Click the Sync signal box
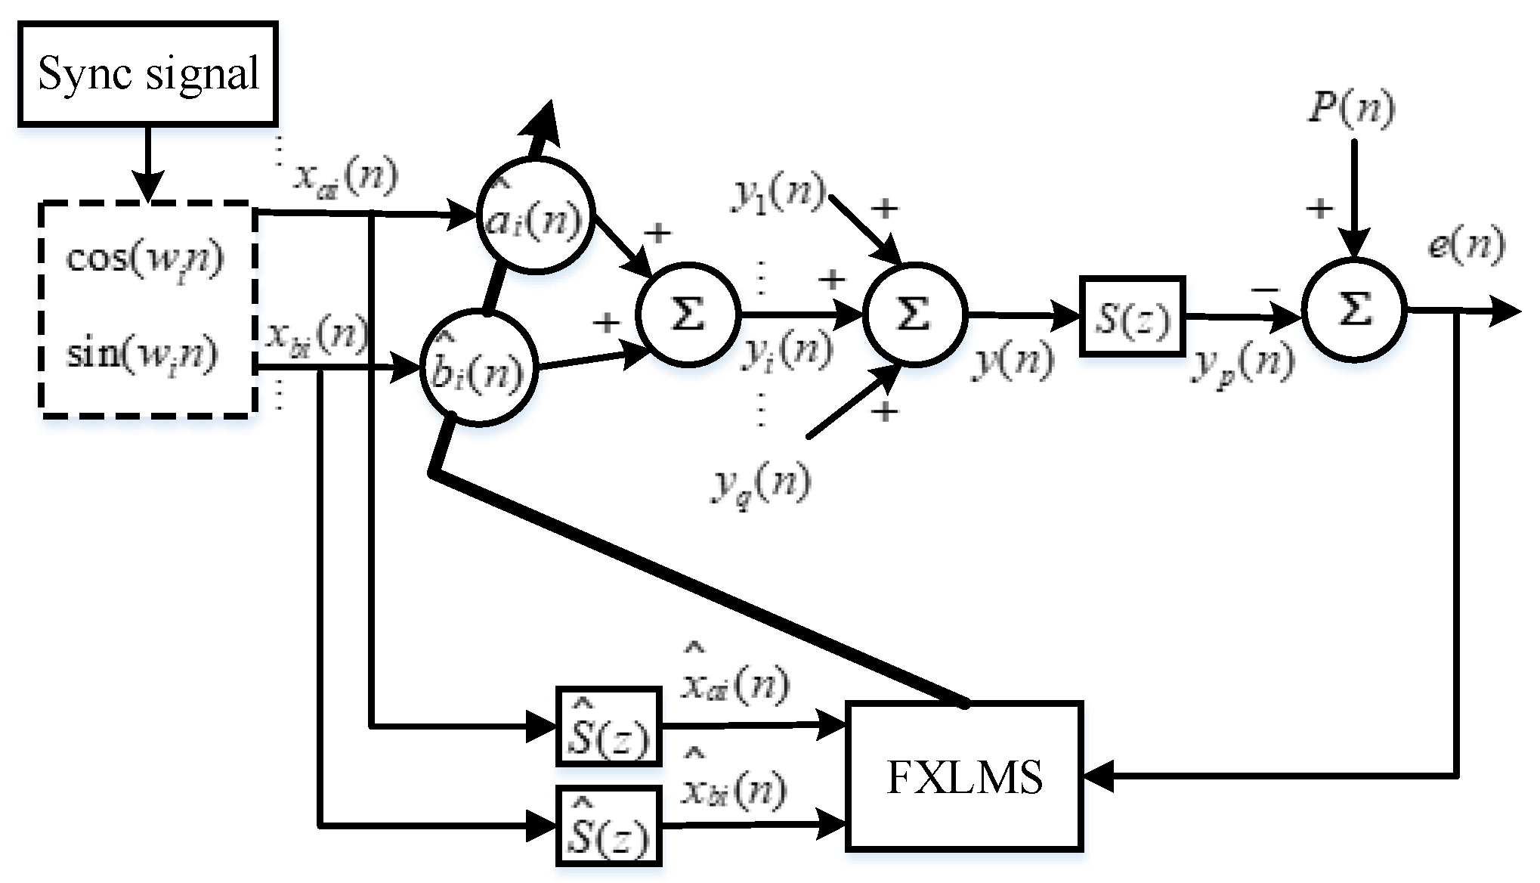[147, 73]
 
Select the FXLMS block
[964, 776]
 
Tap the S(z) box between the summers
[1132, 316]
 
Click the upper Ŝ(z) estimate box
[608, 727]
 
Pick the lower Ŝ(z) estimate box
[608, 826]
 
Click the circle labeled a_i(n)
[535, 215]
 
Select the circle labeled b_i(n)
[478, 368]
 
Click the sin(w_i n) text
[143, 353]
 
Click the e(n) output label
[1465, 246]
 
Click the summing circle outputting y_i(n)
[686, 313]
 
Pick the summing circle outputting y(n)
[914, 313]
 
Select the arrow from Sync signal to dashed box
[148, 162]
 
